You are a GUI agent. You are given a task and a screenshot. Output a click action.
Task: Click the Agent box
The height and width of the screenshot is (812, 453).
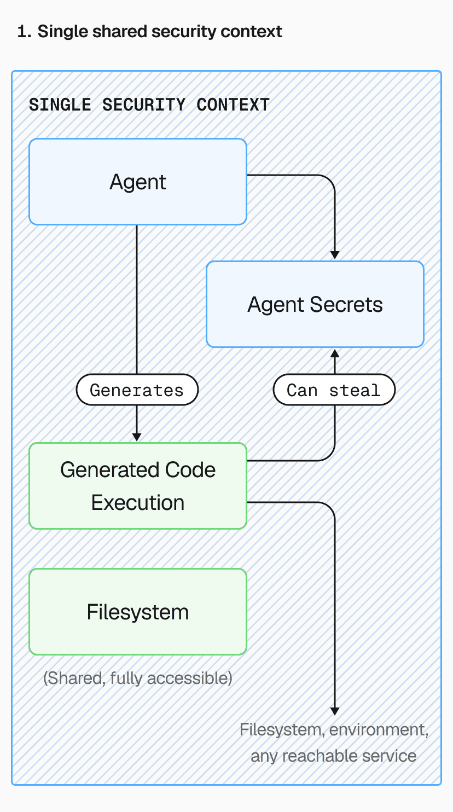[137, 182]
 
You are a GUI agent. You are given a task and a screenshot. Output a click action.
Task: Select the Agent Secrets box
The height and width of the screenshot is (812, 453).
[315, 304]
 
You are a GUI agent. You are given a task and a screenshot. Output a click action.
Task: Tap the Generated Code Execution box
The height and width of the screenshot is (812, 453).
[137, 486]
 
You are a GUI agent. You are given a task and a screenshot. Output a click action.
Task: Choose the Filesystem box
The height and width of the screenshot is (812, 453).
[137, 612]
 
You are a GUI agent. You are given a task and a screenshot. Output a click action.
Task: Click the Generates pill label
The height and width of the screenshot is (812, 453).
[137, 390]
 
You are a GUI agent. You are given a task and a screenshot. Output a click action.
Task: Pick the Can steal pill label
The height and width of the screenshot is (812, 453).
[334, 390]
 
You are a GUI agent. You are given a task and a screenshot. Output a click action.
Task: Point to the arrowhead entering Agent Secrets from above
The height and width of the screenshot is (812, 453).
[335, 254]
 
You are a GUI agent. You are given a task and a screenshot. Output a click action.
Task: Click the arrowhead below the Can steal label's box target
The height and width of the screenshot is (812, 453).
[335, 354]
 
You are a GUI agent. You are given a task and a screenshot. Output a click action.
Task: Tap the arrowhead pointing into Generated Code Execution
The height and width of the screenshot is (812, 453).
[137, 437]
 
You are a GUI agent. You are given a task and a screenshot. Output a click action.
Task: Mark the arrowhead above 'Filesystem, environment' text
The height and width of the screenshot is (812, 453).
[335, 710]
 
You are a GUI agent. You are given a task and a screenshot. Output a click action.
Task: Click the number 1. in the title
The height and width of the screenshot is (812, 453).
[24, 32]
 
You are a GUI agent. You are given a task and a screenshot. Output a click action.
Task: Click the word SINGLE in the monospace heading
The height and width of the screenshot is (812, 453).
[60, 105]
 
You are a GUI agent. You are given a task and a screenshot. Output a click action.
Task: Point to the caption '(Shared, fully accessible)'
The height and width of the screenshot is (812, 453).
[137, 678]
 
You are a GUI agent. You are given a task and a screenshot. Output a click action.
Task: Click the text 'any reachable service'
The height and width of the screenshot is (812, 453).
[333, 756]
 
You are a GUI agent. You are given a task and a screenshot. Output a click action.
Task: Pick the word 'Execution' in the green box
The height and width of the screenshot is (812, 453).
[137, 502]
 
